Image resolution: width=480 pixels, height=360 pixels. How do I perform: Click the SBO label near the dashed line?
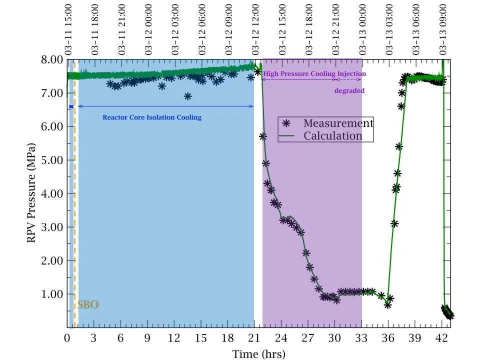87,305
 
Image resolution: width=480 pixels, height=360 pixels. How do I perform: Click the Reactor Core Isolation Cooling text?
152,117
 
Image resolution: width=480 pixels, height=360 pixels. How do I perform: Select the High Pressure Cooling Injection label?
314,73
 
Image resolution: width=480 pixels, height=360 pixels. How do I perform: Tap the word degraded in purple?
349,90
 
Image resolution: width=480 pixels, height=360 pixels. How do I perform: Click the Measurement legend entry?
338,123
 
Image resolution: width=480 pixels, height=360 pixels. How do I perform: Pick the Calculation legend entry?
333,136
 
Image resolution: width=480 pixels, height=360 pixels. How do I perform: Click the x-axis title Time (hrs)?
258,354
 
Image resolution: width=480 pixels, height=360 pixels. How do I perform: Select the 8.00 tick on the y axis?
51,59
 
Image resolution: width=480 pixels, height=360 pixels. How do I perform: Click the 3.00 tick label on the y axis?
51,227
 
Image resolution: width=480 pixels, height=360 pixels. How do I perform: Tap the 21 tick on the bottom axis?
254,337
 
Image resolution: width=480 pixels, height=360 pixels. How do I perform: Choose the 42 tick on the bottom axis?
441,337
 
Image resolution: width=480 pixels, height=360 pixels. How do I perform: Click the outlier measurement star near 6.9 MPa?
187,96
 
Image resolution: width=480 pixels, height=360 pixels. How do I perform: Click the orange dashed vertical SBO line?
74,200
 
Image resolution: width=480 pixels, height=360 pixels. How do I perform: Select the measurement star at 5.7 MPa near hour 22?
262,136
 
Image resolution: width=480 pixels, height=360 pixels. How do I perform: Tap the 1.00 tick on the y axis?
51,294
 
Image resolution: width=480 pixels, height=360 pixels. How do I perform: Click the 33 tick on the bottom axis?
361,337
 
